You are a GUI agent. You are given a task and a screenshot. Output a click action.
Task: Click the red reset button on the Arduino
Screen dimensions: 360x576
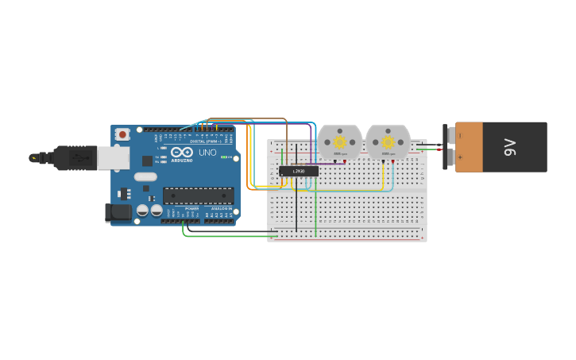point(122,135)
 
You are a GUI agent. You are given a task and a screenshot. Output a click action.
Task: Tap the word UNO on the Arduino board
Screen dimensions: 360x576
point(207,153)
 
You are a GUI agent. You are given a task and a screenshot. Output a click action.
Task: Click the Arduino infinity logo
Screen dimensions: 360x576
point(181,153)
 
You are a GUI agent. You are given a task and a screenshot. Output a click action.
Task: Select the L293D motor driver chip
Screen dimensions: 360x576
point(299,171)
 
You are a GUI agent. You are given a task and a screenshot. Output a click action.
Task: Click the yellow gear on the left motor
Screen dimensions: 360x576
point(340,142)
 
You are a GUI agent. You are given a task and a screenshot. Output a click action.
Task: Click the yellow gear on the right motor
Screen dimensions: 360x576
point(389,142)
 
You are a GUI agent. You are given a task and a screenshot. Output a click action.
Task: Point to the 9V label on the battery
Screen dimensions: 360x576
point(510,147)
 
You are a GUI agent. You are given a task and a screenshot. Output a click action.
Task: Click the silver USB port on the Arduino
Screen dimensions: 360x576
point(113,157)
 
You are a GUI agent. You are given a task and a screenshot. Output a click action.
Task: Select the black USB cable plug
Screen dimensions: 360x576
point(76,158)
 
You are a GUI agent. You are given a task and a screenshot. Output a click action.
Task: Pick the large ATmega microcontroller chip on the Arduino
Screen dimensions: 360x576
point(198,195)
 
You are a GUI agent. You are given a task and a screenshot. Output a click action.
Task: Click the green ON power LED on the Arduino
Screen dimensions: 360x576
point(224,157)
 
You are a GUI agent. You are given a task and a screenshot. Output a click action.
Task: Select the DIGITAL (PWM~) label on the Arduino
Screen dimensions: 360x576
point(205,141)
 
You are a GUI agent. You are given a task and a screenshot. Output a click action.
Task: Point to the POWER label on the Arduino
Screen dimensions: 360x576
point(191,208)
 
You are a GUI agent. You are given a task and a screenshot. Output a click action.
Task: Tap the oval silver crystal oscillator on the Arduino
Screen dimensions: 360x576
point(145,176)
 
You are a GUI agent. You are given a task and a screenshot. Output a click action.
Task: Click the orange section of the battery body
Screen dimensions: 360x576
point(469,147)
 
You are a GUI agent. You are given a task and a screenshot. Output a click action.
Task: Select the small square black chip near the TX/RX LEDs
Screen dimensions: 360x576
point(148,161)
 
